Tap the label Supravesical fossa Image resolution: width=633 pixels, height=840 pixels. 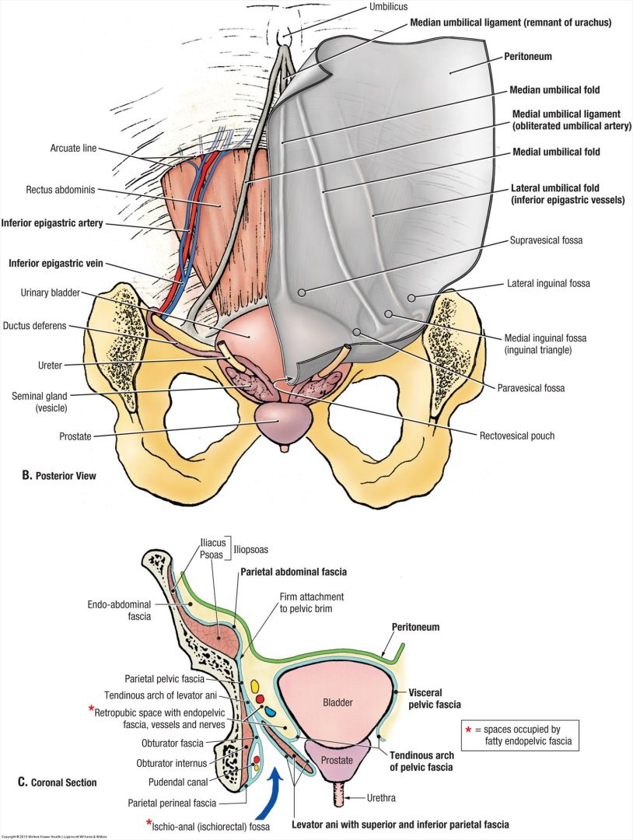point(545,240)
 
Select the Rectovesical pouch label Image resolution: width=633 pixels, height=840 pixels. point(517,436)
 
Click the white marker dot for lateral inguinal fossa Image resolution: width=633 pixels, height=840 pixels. point(413,298)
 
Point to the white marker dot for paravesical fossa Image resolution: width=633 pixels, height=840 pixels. point(357,332)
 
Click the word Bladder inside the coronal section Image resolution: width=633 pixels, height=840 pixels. point(337,702)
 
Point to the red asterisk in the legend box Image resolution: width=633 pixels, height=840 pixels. point(468,729)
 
